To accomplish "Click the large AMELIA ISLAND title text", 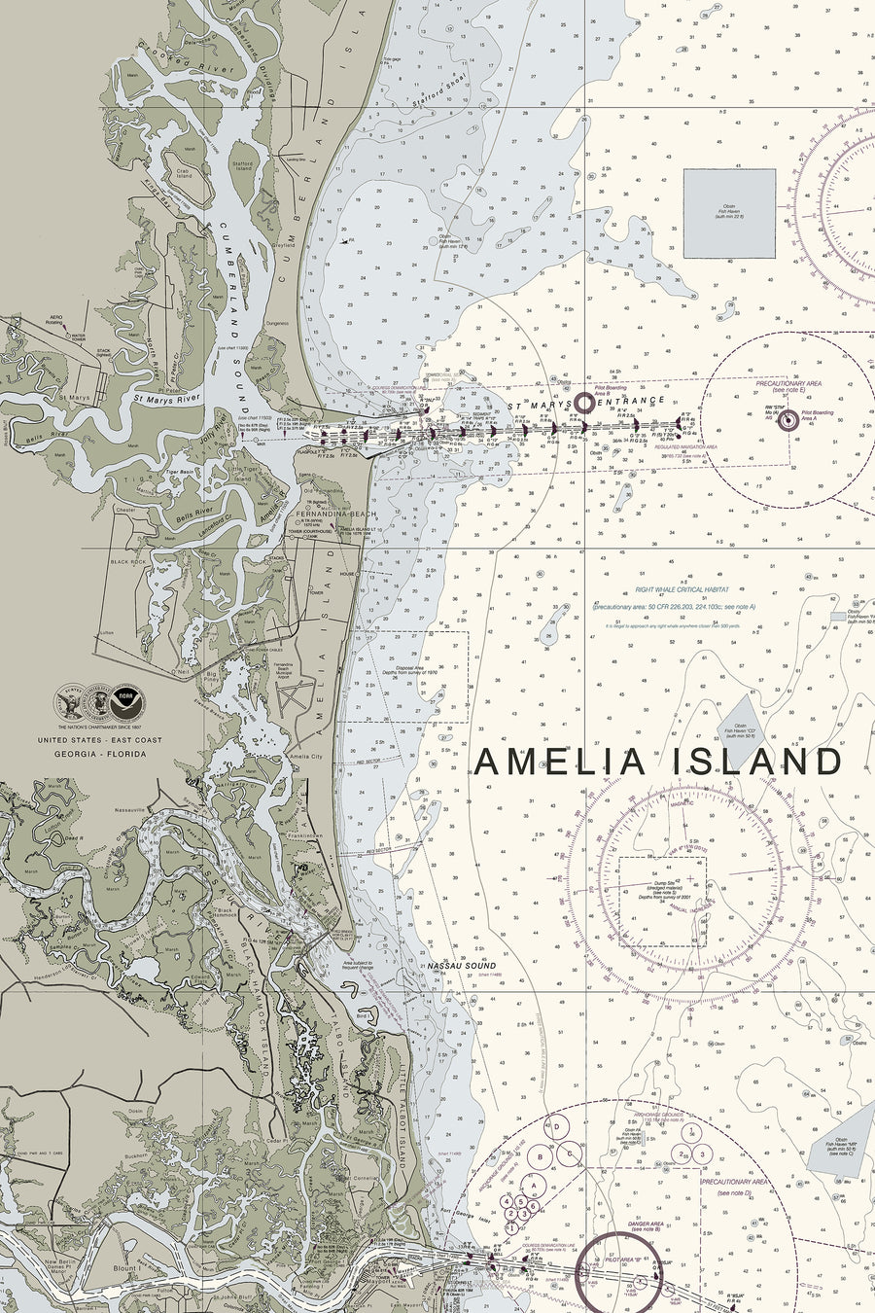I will (657, 762).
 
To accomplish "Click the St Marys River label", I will (170, 398).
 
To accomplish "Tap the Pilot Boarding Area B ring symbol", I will (584, 402).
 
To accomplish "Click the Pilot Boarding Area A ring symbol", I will (787, 419).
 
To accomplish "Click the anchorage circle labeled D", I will (558, 1126).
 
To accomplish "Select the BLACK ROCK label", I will (127, 562).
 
